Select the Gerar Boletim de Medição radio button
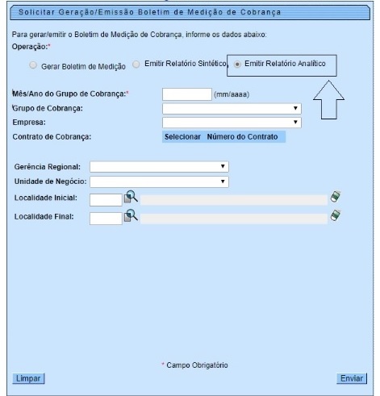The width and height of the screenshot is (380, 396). tap(33, 65)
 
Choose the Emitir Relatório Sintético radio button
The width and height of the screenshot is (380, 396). tap(136, 65)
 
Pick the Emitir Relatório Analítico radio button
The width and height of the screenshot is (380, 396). tap(237, 65)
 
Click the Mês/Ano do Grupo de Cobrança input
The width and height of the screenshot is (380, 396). tap(187, 94)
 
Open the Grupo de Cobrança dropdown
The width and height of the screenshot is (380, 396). tap(232, 109)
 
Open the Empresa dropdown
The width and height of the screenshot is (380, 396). tap(232, 123)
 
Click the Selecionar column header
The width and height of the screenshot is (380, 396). tap(182, 137)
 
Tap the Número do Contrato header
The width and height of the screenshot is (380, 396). tap(242, 137)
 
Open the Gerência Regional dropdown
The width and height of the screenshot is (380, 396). tap(159, 167)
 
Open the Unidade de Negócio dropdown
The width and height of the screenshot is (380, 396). tap(159, 181)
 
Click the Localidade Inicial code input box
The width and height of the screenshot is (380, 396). tap(106, 200)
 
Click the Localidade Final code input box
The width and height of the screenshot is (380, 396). tap(106, 219)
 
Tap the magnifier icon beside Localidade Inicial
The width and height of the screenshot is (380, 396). tap(131, 197)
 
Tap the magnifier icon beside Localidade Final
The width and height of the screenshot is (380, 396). tap(131, 215)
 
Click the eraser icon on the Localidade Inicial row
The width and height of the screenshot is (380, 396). tap(336, 196)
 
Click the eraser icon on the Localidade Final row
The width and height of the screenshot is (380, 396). tap(336, 215)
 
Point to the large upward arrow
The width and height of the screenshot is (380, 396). tap(328, 100)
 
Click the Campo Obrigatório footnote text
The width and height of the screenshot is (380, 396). tap(197, 365)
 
